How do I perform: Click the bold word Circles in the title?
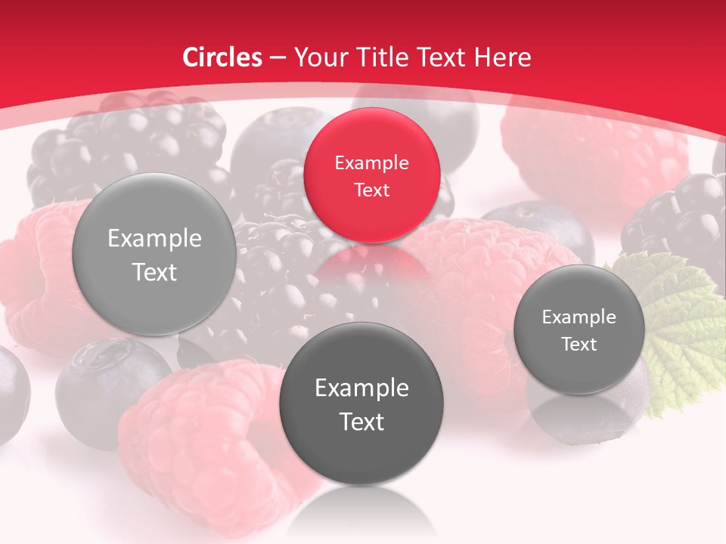[x=222, y=57]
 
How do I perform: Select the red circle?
[x=371, y=175]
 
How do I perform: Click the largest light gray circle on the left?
[x=154, y=254]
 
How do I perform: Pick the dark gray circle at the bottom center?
[x=361, y=403]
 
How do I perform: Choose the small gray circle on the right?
[x=579, y=329]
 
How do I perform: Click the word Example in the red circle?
[x=371, y=162]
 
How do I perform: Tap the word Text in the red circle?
[x=371, y=190]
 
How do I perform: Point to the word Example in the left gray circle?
[x=154, y=239]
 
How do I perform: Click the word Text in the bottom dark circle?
[x=361, y=422]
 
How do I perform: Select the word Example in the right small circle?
[x=579, y=317]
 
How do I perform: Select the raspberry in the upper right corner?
[x=597, y=151]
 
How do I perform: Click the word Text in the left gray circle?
[x=154, y=272]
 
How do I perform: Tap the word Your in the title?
[x=317, y=57]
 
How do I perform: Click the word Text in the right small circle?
[x=579, y=344]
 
